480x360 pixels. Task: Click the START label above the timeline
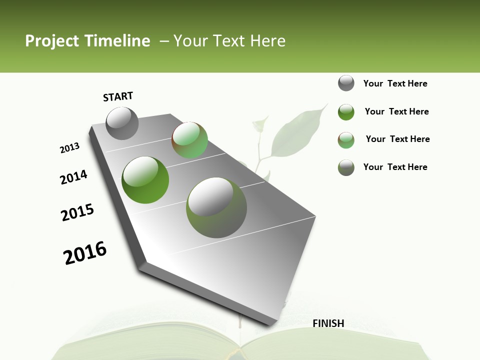(x=118, y=96)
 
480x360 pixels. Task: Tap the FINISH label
(x=328, y=323)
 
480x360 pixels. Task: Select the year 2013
(x=69, y=148)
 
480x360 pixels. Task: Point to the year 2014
(x=74, y=177)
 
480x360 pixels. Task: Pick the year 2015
(x=77, y=212)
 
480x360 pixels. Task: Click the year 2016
(x=85, y=252)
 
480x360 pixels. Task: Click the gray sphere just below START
(x=122, y=123)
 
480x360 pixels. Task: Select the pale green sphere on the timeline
(x=189, y=140)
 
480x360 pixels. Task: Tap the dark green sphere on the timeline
(x=145, y=179)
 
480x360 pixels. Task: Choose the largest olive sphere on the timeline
(x=216, y=207)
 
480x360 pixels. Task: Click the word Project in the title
(x=52, y=41)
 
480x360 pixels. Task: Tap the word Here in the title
(x=267, y=41)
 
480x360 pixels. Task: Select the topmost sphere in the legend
(x=346, y=83)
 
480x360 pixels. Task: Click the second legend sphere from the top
(x=346, y=112)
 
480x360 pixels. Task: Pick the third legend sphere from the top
(x=346, y=140)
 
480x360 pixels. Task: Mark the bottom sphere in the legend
(x=346, y=167)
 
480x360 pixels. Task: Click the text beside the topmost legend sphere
(x=395, y=83)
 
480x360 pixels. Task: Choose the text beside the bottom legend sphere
(x=395, y=167)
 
